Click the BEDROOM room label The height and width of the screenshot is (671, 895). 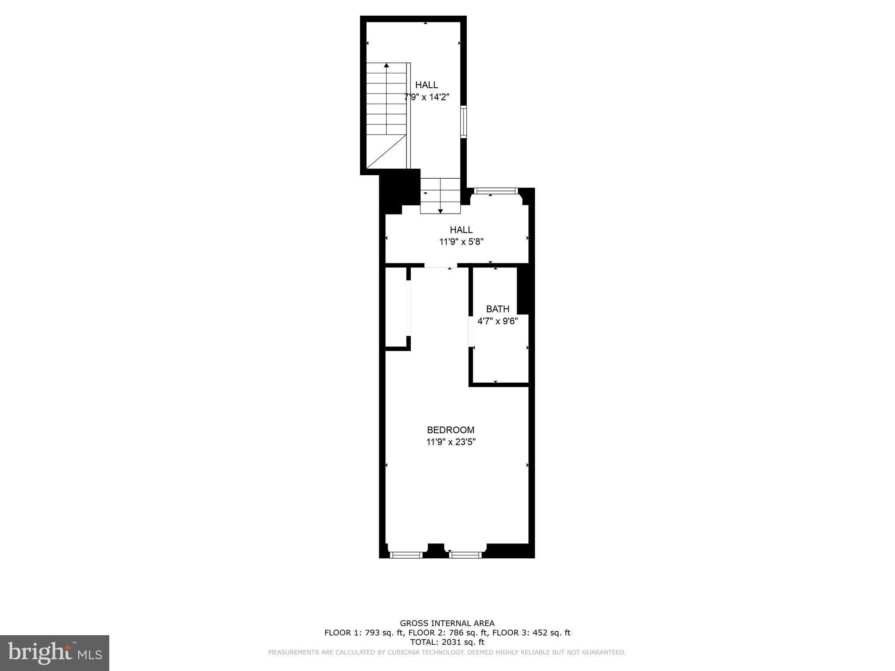[451, 430]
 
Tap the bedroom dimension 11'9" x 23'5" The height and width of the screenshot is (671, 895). [451, 442]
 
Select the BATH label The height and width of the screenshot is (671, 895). [497, 309]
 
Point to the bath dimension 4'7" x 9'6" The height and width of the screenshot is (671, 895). [497, 322]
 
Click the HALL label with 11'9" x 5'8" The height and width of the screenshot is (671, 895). [461, 230]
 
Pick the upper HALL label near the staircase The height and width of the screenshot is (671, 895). [427, 85]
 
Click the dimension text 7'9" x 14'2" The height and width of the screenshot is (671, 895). [427, 97]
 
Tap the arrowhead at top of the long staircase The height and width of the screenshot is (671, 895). [386, 66]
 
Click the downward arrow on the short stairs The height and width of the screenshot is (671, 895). [441, 211]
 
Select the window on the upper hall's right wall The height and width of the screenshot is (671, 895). [463, 121]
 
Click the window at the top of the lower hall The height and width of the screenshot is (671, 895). [495, 191]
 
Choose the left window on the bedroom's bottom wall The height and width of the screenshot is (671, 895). [406, 555]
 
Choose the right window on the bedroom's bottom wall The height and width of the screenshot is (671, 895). [465, 555]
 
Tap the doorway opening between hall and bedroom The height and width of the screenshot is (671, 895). [441, 265]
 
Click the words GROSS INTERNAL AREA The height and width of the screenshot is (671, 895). [447, 623]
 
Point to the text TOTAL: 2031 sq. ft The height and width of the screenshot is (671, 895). [447, 642]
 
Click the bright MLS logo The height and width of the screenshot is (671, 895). [55, 653]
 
